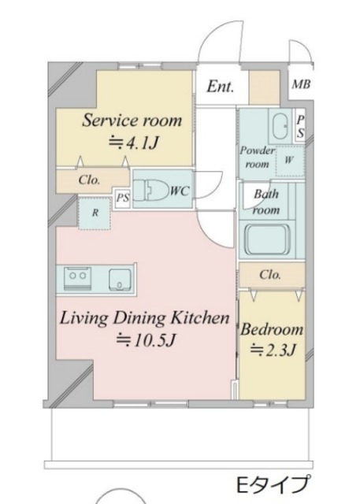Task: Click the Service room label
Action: click(132, 120)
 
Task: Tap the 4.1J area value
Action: click(133, 143)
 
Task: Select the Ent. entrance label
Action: click(221, 86)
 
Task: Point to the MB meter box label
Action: click(301, 84)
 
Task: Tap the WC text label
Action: click(180, 191)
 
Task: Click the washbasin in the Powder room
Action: click(280, 126)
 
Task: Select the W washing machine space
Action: click(290, 161)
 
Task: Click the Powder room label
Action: click(257, 157)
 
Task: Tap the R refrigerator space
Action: click(95, 213)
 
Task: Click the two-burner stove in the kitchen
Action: click(78, 277)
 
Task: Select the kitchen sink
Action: click(120, 279)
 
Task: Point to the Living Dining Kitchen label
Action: click(145, 318)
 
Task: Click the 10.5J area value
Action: click(146, 340)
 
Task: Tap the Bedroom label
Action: click(272, 329)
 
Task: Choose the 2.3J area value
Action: click(273, 350)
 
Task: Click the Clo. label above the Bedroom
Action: click(270, 275)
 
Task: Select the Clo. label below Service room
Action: click(89, 180)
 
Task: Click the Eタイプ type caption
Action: click(274, 484)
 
